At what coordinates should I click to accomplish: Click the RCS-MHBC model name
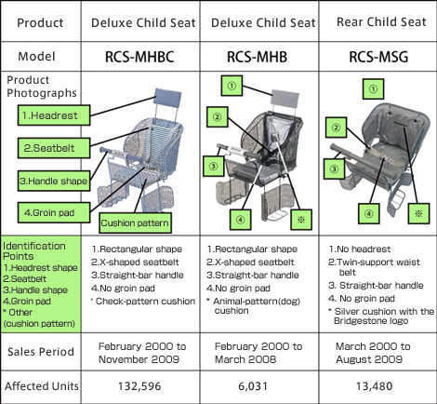point(139,57)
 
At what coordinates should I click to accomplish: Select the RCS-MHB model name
point(257,57)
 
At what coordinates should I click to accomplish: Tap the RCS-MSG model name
point(378,57)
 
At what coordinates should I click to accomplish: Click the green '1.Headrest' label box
point(54,115)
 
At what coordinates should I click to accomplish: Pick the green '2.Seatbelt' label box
point(54,148)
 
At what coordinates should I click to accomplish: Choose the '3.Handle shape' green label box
point(54,181)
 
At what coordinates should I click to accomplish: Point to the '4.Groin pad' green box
point(54,212)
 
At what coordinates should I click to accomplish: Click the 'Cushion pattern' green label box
point(135,222)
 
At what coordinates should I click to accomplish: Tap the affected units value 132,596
point(139,386)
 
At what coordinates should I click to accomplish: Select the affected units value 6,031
point(253,386)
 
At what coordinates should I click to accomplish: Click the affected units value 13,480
point(374,386)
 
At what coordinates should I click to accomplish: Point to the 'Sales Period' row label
point(41,352)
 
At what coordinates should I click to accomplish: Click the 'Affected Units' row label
point(42,386)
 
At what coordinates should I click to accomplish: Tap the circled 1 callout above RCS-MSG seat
point(373,89)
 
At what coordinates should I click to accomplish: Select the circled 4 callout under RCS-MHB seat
point(241,220)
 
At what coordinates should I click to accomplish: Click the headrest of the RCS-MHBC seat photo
point(167,98)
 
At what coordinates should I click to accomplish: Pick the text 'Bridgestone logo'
point(371,321)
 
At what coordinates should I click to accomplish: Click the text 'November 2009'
point(139,359)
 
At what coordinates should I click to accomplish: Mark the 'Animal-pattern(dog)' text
point(257,301)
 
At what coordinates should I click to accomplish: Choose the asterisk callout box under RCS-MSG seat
point(418,213)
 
